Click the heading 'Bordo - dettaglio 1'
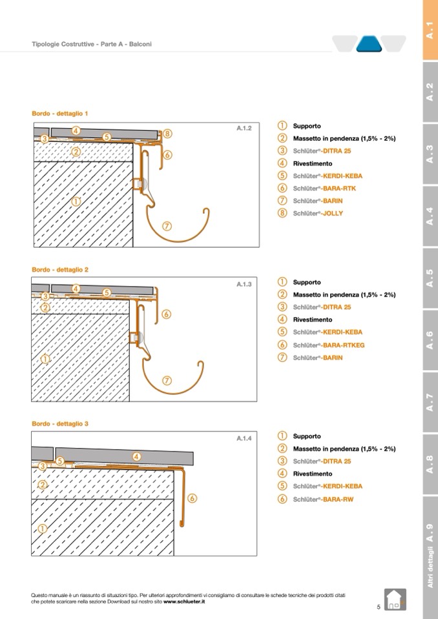60,114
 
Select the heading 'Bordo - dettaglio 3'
60,423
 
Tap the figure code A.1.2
244,128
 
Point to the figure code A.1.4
244,438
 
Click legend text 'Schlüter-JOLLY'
318,213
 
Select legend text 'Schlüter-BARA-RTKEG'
328,345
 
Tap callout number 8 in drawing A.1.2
167,134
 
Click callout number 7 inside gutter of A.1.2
167,226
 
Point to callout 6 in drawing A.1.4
193,498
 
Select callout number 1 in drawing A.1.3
45,359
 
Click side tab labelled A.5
430,279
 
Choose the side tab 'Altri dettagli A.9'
430,556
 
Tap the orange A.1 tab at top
430,30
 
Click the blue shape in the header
370,44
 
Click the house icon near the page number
395,599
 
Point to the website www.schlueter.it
184,601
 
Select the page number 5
379,607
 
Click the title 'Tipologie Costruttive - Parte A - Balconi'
92,45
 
